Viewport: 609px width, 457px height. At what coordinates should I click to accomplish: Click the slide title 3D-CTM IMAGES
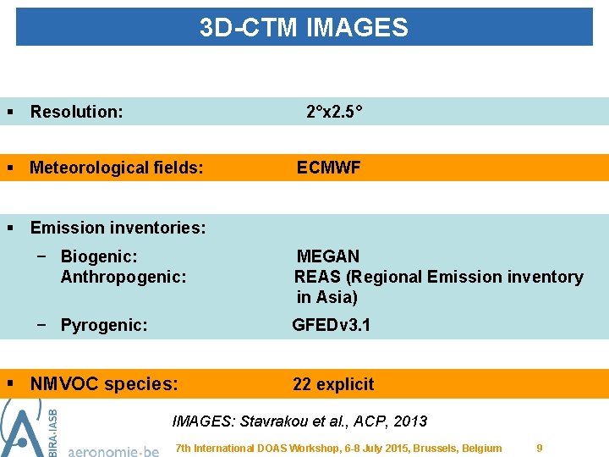(304, 28)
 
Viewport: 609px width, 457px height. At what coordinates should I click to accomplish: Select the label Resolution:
(76, 112)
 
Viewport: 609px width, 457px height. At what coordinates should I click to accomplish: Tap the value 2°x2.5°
(334, 112)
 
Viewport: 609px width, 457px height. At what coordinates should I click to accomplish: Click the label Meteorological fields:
(116, 168)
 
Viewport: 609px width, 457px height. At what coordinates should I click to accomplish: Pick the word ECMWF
(328, 168)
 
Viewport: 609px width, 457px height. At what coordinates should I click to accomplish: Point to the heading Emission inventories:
(118, 228)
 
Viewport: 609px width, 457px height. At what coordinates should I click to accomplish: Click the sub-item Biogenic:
(99, 256)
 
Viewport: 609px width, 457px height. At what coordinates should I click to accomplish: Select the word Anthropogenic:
(123, 277)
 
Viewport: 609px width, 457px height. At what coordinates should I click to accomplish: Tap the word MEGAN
(328, 256)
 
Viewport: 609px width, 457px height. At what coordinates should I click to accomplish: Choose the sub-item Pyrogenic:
(104, 325)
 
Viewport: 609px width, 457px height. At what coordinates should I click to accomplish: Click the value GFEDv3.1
(331, 325)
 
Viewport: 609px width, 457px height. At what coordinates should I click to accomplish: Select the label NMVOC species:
(104, 384)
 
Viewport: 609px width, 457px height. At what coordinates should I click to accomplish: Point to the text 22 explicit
(332, 384)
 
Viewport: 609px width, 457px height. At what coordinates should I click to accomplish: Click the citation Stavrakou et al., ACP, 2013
(334, 421)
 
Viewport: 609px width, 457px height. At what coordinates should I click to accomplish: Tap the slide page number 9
(540, 448)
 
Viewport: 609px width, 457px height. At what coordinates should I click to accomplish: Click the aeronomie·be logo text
(112, 449)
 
